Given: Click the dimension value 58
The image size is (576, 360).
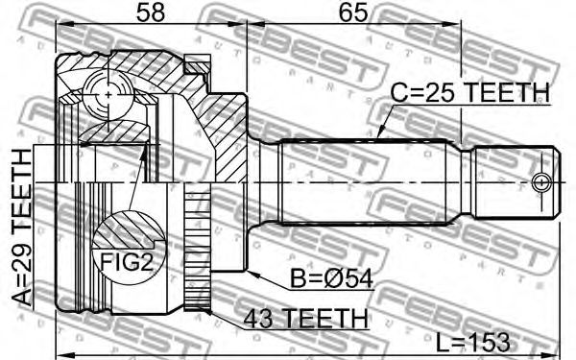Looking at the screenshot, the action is pos(151,13).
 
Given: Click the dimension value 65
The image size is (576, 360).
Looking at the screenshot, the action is pos(353,13).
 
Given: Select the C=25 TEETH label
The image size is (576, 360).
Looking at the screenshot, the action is pos(469,92).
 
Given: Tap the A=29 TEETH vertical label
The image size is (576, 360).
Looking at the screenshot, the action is pos(22,227).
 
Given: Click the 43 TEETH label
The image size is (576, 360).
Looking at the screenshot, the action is pos(305,318).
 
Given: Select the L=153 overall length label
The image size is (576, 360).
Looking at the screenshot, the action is pos(473,343).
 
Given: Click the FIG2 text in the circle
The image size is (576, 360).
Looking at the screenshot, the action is pos(127,262).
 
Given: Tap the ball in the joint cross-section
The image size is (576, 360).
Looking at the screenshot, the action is pos(108,95).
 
